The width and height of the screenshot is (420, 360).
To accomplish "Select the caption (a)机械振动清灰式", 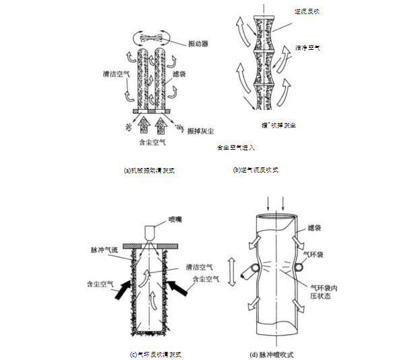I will (x=150, y=171).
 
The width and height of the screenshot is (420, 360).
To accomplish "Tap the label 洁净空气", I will (x=307, y=49).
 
